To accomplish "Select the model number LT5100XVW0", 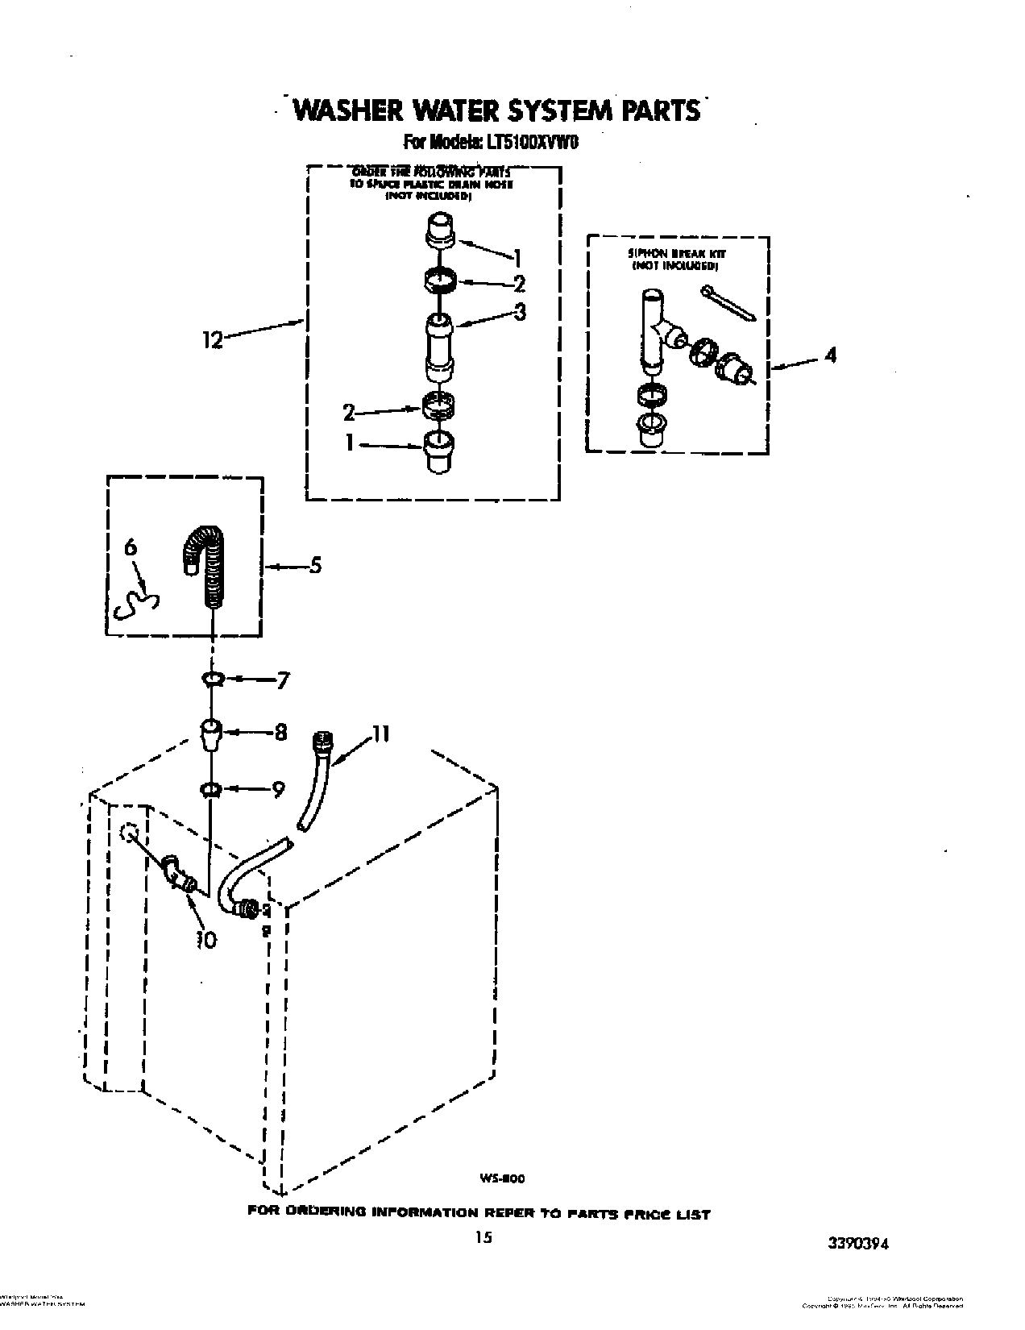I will (533, 143).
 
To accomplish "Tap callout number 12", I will (213, 340).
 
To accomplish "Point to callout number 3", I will (521, 312).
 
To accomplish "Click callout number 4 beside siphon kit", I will (829, 355).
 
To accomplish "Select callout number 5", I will (315, 566).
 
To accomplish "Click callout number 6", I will (131, 549).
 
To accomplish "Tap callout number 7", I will (282, 681).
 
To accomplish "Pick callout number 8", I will (280, 734).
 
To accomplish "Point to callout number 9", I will (278, 791).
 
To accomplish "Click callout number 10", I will (206, 940).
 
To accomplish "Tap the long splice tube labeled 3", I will (441, 347).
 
